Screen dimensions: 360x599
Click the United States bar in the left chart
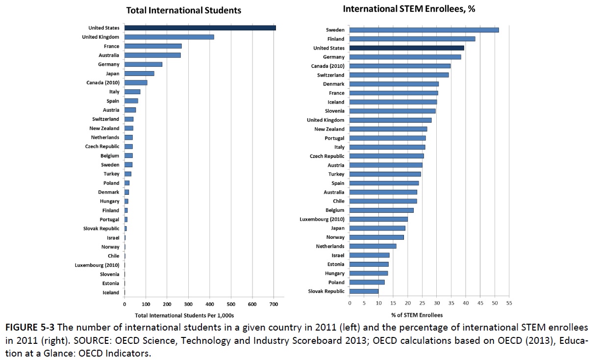coord(200,28)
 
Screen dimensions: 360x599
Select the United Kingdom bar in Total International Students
coord(169,37)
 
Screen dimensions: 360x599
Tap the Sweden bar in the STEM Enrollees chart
coord(424,30)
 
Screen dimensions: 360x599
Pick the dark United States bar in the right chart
coord(407,48)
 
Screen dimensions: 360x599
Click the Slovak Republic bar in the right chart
coord(364,291)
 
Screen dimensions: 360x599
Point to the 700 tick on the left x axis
coord(274,305)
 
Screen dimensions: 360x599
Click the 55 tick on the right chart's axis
coord(509,303)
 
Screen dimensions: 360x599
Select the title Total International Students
coord(184,10)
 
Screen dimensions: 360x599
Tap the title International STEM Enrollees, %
coord(402,9)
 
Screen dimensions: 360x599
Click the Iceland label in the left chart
coord(111,293)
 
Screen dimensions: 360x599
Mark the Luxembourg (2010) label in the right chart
coord(322,219)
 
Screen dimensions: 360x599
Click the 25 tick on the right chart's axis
coord(422,303)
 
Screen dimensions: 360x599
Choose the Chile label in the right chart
coord(338,201)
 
